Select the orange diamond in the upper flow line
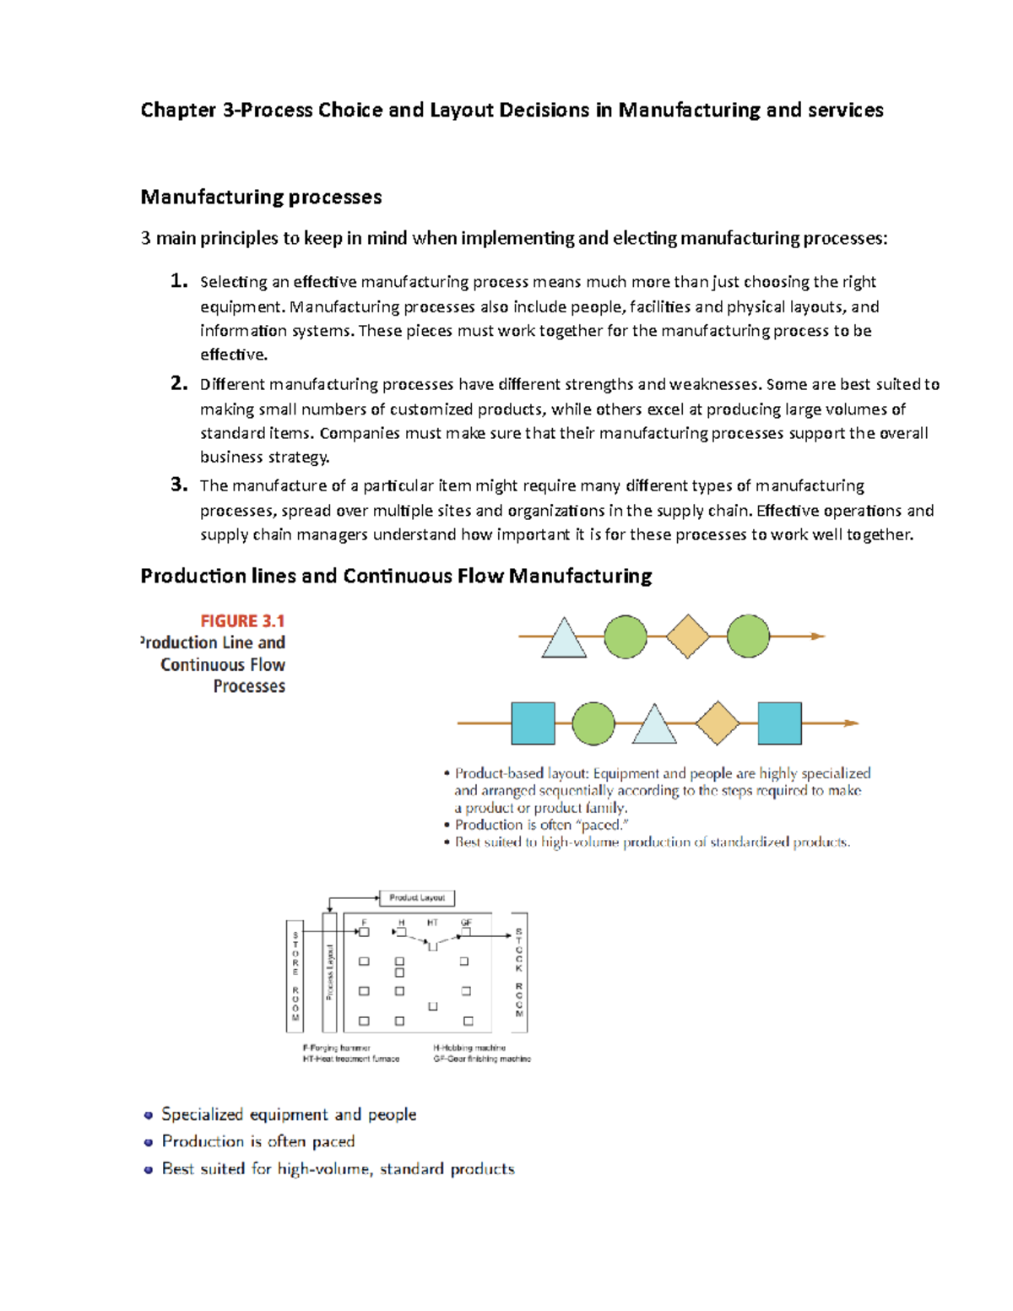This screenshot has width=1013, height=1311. point(687,637)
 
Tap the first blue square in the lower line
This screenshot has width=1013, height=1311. point(533,723)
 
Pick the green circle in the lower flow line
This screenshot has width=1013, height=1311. point(593,723)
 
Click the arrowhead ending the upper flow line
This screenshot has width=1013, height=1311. point(818,637)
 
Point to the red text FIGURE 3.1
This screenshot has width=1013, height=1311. point(242,620)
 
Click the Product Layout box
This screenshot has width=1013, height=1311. point(417,897)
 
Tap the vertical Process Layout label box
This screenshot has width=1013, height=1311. point(330,972)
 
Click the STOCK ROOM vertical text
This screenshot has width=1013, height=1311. point(519,972)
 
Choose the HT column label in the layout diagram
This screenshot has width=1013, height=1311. point(432,923)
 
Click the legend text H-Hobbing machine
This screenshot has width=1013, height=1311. point(469,1048)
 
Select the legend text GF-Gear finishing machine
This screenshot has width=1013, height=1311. point(482,1059)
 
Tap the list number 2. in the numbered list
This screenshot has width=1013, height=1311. point(178,383)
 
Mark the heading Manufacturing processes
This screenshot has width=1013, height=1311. point(261,197)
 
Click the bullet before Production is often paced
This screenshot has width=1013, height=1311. point(149,1142)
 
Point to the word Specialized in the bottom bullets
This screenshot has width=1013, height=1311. point(202,1114)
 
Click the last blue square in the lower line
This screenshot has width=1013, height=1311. point(779,723)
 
